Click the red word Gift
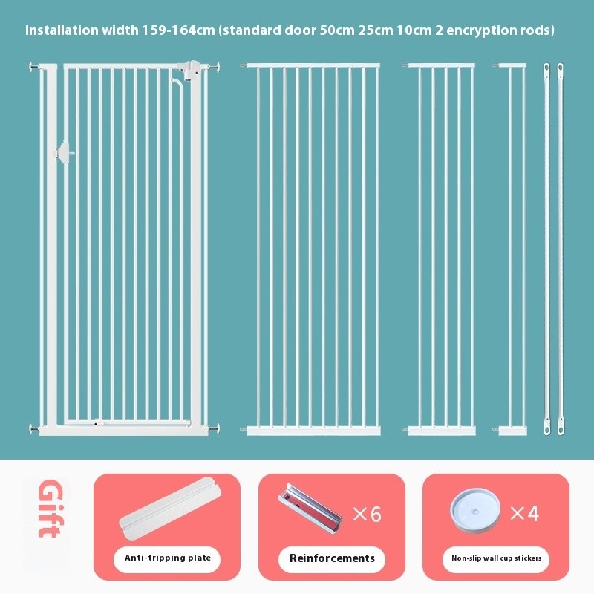(50, 509)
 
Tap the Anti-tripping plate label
(168, 558)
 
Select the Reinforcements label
(332, 558)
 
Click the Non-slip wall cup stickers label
(496, 558)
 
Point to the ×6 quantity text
(367, 514)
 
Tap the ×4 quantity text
(525, 513)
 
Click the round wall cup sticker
(475, 510)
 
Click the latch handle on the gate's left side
(65, 154)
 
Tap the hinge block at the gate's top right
(193, 71)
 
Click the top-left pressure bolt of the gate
(34, 67)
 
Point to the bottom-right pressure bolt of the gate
(214, 429)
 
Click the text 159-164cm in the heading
(178, 30)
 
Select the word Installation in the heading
(62, 30)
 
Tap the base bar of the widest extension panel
(313, 431)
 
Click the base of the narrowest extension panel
(512, 431)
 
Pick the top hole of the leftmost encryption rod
(546, 68)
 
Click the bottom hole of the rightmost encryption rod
(561, 430)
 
